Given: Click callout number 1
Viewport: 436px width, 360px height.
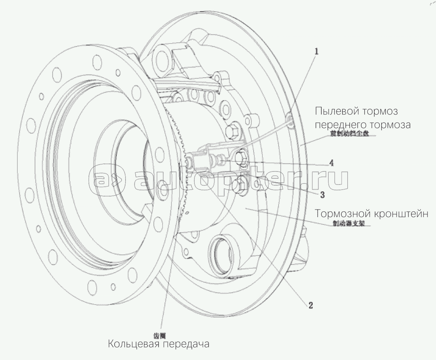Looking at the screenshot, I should tap(316, 51).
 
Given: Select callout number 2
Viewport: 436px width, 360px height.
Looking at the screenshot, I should tap(310, 305).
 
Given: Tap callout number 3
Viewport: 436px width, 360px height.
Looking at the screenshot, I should tap(322, 195).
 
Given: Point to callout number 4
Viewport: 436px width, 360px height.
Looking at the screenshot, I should tap(332, 163).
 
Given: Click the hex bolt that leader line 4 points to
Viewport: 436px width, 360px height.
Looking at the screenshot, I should tap(239, 158).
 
